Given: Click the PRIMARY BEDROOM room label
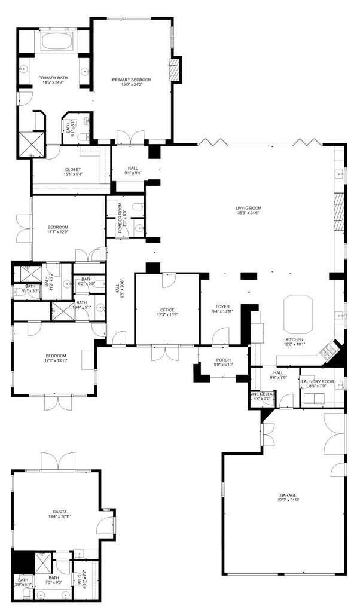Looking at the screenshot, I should (132, 79).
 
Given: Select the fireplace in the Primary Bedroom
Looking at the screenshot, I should (175, 69).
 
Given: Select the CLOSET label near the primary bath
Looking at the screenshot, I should (72, 169).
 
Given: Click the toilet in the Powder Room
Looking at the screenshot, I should (138, 206).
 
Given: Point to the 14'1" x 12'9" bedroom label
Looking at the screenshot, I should (58, 227).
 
